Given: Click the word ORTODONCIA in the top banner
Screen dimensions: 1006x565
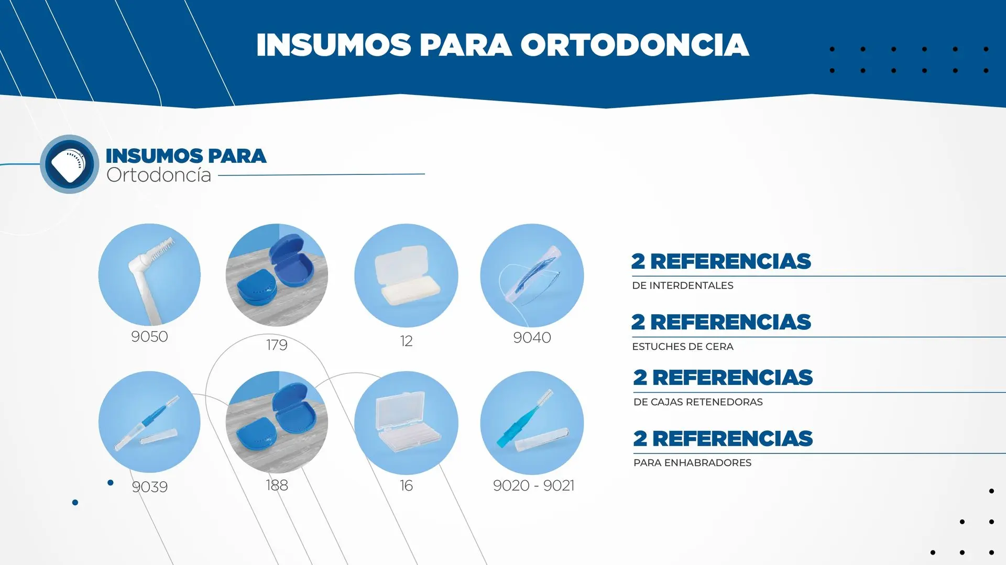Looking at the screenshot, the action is click(635, 45).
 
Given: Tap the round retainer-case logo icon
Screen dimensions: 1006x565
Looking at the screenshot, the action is click(69, 164).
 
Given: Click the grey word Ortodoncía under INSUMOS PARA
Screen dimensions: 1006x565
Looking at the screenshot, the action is click(159, 175).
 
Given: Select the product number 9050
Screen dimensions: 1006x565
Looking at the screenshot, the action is click(149, 337).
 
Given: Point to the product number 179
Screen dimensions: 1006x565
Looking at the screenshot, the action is click(277, 345).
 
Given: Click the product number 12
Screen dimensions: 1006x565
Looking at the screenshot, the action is click(406, 341).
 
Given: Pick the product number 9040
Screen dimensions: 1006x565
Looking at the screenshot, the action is click(532, 338).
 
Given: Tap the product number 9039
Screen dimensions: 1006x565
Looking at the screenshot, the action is click(150, 487).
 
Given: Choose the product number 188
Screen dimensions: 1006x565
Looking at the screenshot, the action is click(277, 485).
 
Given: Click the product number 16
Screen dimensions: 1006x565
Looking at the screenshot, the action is click(406, 486).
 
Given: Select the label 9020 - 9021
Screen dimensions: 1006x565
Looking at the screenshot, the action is click(533, 486).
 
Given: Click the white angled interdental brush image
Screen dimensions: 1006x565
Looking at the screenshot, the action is click(149, 275).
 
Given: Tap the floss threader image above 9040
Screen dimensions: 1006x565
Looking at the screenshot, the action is click(532, 275).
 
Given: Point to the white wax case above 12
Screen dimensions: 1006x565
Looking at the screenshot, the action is click(406, 275).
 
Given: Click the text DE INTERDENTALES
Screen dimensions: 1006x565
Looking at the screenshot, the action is click(683, 286).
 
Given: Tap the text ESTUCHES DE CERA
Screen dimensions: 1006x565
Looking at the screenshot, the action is click(683, 347).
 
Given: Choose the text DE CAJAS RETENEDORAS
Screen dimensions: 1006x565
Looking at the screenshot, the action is click(698, 402).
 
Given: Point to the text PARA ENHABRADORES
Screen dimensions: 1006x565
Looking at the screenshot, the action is click(692, 463).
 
